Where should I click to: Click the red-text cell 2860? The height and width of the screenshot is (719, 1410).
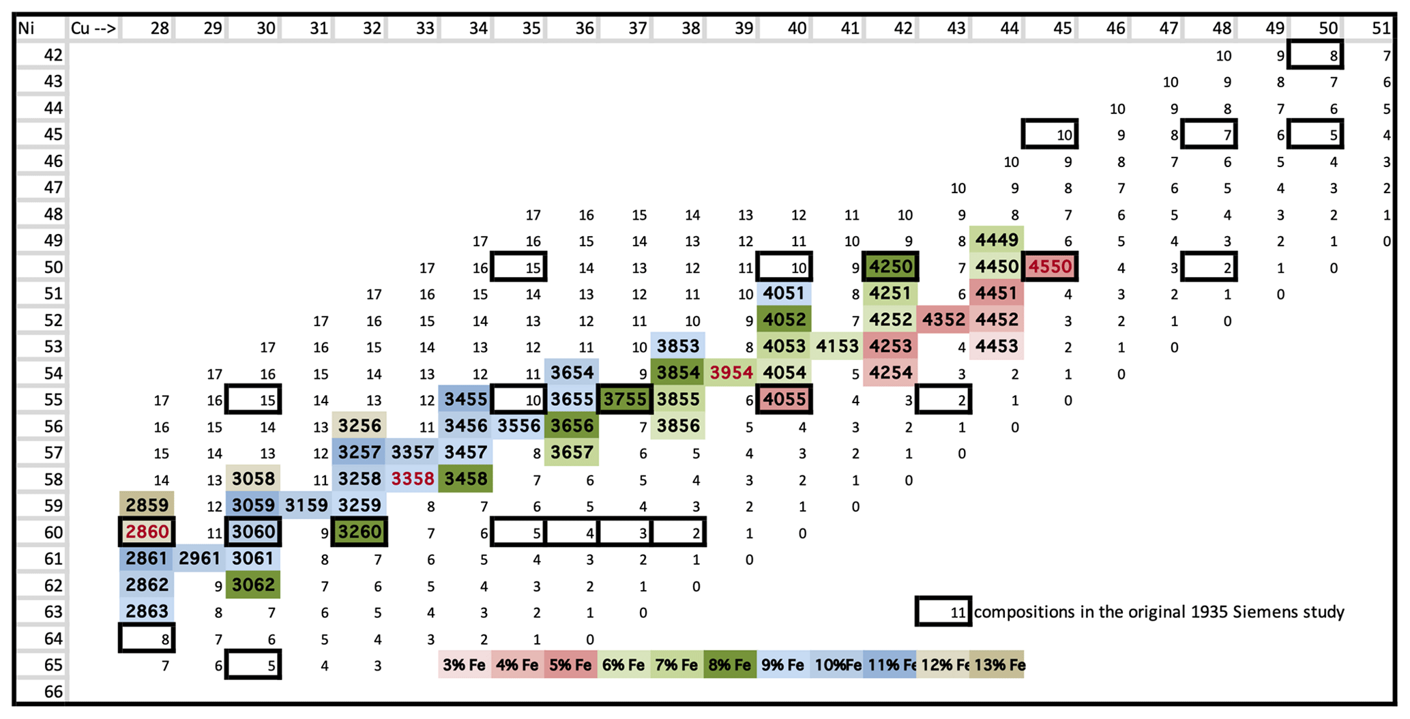point(147,532)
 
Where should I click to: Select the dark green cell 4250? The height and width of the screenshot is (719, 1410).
point(890,267)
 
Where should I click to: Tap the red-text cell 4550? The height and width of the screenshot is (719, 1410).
point(1050,267)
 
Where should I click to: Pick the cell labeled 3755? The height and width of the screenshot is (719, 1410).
point(625,400)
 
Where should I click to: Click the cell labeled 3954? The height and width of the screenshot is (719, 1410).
point(731,373)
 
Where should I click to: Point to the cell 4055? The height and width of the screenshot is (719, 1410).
point(784,400)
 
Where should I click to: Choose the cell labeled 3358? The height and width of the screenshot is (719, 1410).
point(413,479)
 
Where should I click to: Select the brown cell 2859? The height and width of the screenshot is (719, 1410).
point(147,505)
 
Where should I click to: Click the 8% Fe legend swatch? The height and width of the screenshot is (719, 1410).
point(730,665)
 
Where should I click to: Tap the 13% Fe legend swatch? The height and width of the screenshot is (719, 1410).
point(997,665)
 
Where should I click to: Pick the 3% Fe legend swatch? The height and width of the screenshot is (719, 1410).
point(464,665)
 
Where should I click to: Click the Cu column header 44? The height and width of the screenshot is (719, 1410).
point(1009,28)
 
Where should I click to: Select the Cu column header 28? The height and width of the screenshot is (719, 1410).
point(160,28)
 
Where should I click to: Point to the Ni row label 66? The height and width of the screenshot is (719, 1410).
point(53,692)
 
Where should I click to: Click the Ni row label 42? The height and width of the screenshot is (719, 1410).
point(53,55)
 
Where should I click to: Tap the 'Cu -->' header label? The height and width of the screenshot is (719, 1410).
point(93,28)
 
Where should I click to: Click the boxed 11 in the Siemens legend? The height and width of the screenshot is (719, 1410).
point(943,612)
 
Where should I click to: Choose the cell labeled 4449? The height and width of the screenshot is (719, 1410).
point(997,240)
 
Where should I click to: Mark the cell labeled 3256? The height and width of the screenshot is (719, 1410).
point(359,426)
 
